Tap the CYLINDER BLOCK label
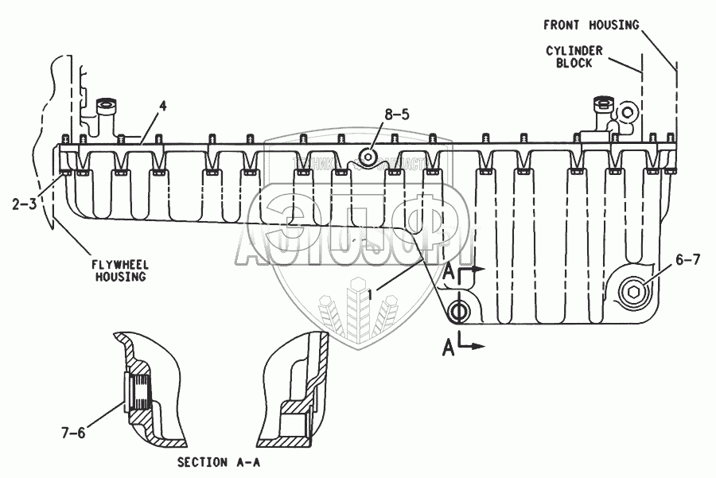(574, 56)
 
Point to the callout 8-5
(396, 115)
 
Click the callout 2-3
(24, 204)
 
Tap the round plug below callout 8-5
(368, 155)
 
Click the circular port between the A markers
(459, 309)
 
